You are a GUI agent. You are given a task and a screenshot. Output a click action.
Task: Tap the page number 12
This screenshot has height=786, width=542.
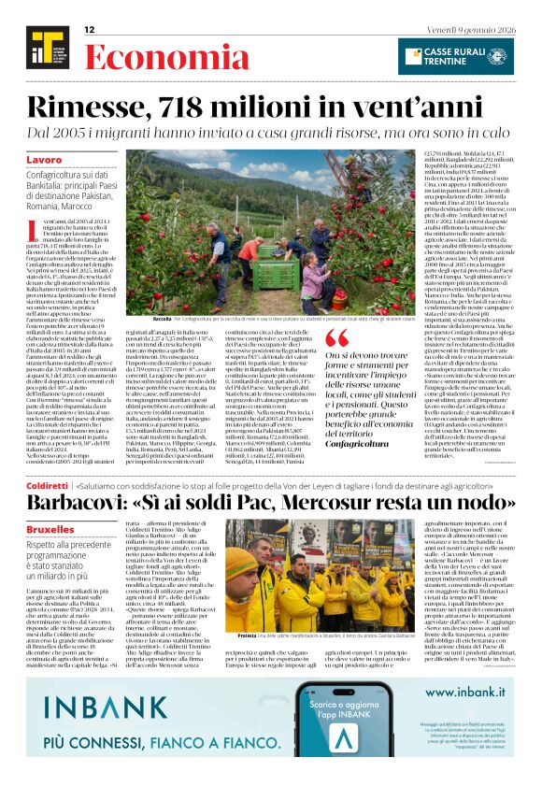(x=91, y=30)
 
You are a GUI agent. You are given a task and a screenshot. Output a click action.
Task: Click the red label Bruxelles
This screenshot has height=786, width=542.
(x=50, y=528)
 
